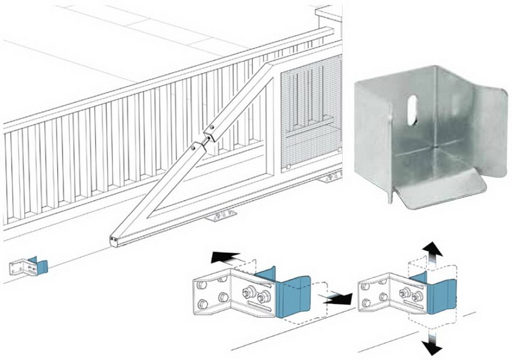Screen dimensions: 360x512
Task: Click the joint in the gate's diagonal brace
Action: (205, 137)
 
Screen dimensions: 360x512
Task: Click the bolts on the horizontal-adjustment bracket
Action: (255, 295)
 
